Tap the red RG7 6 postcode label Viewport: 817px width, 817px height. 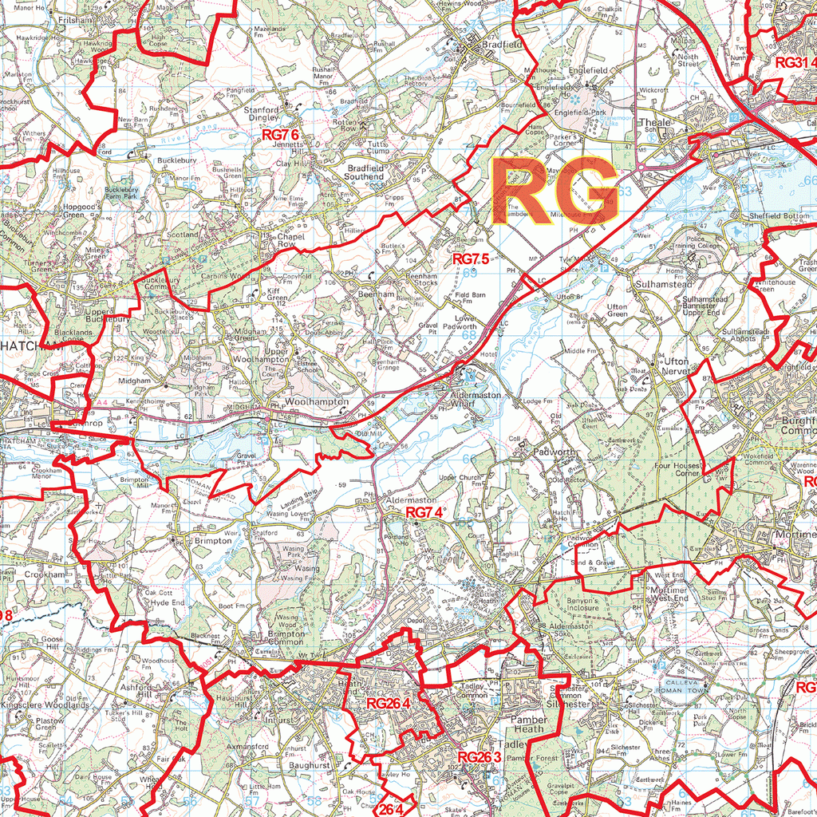coord(280,136)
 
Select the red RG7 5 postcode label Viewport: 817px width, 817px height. coord(470,259)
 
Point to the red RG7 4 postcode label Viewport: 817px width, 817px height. coord(424,512)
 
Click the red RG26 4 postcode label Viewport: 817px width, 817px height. coord(388,704)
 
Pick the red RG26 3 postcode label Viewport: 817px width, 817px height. coord(479,757)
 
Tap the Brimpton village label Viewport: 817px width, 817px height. coord(213,540)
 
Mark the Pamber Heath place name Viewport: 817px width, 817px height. coord(527,724)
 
